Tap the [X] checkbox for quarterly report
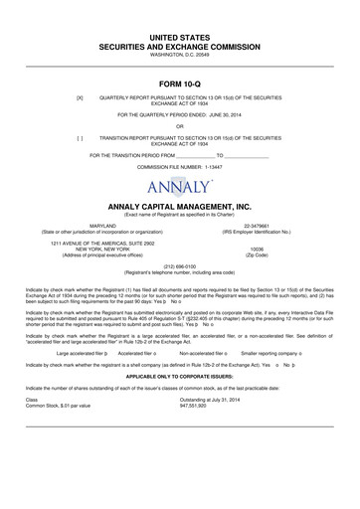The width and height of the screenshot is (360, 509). point(65,98)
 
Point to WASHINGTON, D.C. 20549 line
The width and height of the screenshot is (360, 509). point(180,55)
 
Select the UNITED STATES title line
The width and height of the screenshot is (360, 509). point(180,36)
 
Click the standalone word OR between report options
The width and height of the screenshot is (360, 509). point(180,125)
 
